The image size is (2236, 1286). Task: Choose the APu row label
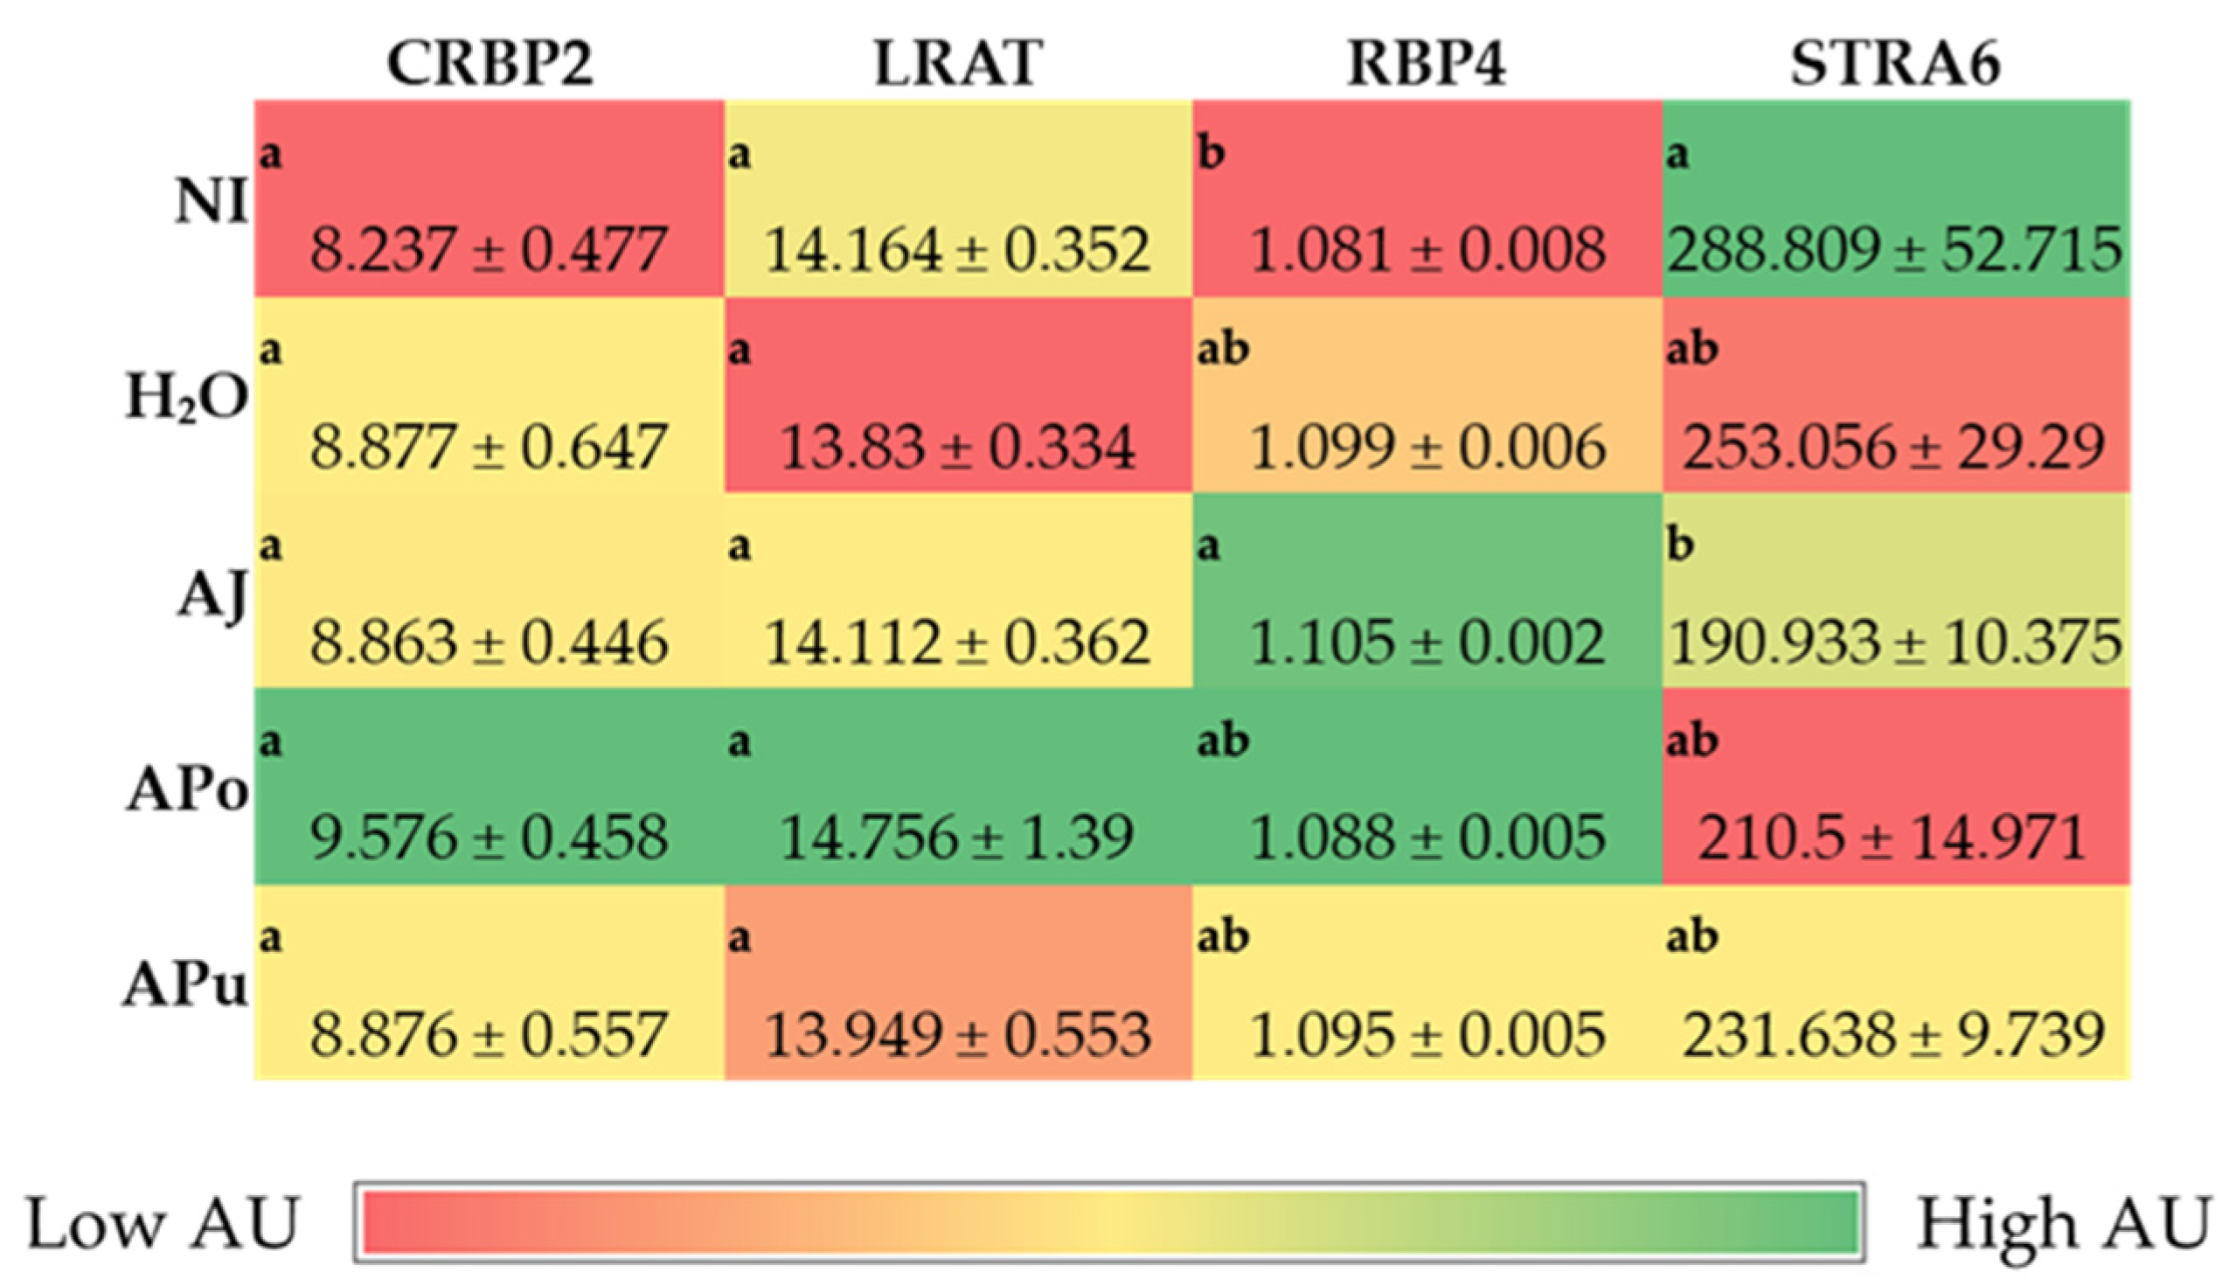(x=185, y=984)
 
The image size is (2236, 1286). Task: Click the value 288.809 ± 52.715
(x=1895, y=249)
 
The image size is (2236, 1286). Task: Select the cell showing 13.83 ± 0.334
(x=958, y=446)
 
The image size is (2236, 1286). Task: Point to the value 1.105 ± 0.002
(x=1427, y=642)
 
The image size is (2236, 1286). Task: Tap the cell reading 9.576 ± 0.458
(x=490, y=838)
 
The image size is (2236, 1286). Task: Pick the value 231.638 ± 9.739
(x=1895, y=1034)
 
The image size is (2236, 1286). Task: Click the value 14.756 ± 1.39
(x=958, y=838)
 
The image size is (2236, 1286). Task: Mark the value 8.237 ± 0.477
(x=490, y=249)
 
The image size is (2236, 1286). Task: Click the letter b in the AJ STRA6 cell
(x=1680, y=544)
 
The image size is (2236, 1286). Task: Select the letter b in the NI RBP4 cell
(x=1211, y=153)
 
